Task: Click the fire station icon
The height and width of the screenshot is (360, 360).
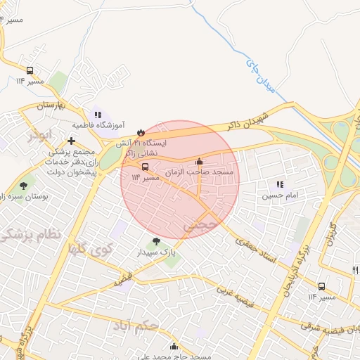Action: coord(141,131)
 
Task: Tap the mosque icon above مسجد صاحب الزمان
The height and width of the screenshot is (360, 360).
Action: coord(200,161)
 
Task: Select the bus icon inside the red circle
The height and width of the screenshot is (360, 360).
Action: coord(145,167)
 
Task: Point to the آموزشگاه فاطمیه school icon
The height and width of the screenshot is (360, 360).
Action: coord(98,114)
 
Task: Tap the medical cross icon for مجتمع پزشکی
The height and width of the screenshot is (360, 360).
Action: coord(71,141)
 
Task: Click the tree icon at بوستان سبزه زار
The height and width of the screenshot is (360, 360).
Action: coord(24,186)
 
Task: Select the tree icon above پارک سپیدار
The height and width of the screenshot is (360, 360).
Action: coord(155,240)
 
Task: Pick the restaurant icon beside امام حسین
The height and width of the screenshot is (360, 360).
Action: coord(280,184)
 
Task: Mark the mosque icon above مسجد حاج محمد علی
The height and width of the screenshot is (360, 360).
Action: coord(174,346)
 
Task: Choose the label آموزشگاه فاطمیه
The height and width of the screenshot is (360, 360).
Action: coord(98,125)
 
